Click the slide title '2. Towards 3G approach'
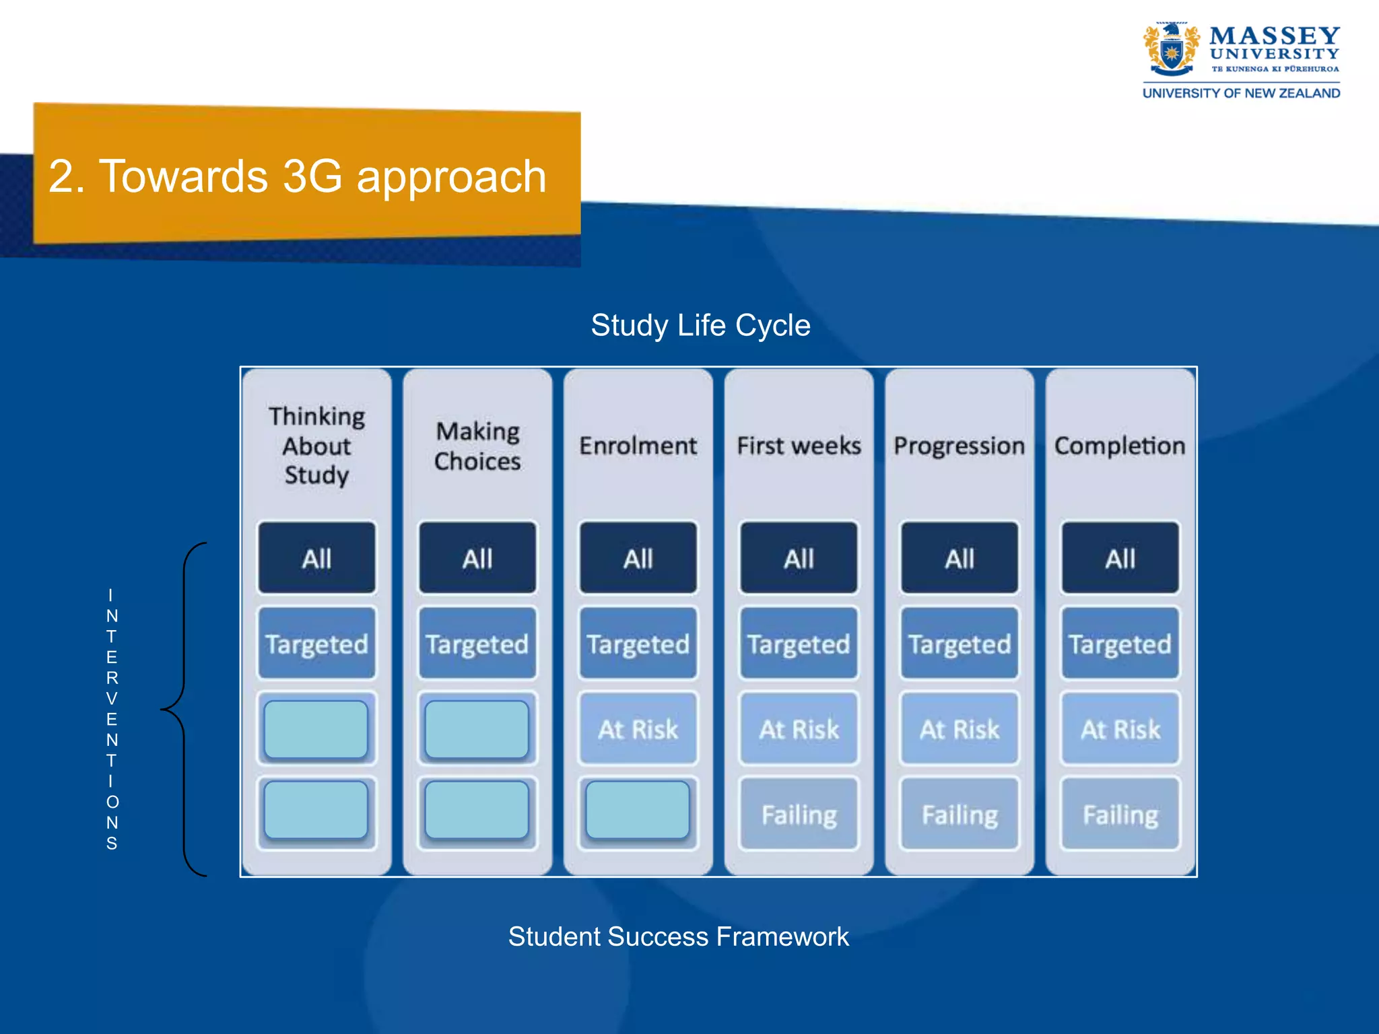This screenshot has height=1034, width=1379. point(297,176)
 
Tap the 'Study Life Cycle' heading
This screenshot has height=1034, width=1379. point(700,325)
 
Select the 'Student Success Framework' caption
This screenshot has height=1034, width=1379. point(678,936)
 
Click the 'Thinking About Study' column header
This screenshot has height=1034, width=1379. point(316,446)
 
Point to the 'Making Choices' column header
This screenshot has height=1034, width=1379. point(477,446)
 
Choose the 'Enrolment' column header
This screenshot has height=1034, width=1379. point(638,446)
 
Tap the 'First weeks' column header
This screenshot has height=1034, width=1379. point(799,446)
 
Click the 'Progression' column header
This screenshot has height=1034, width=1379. point(959,446)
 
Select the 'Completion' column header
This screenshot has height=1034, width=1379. point(1120,446)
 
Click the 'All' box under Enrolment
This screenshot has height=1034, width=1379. point(638,558)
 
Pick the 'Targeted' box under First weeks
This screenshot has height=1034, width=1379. point(799,644)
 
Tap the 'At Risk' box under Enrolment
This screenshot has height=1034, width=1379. point(638,729)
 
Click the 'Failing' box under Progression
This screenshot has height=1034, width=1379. point(959,815)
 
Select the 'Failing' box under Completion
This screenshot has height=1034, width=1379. point(1120,815)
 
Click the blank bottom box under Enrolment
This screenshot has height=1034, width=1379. point(638,810)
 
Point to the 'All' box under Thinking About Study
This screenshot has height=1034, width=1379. point(316,558)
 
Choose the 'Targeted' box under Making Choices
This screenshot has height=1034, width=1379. point(477,644)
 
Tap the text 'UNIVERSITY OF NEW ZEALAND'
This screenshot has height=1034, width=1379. point(1241,94)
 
